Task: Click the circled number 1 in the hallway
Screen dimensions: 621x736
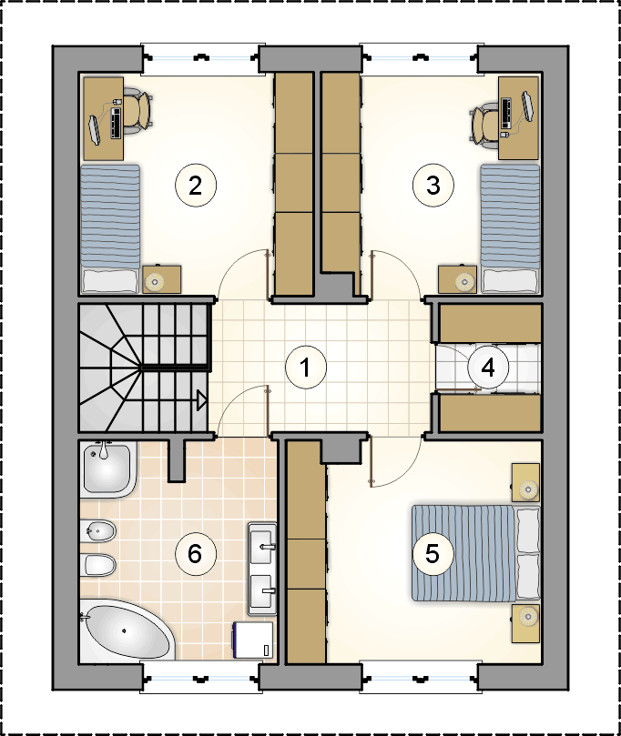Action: [306, 367]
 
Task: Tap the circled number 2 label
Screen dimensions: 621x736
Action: [196, 186]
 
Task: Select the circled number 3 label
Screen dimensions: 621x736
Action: [433, 186]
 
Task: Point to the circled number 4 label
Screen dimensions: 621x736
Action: [488, 368]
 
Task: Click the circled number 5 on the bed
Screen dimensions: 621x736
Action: [433, 553]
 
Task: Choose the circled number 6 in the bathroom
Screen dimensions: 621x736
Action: [196, 554]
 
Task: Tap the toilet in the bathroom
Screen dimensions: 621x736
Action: [98, 565]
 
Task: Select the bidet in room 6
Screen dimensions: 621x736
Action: [98, 531]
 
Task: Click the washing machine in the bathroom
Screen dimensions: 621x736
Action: [253, 641]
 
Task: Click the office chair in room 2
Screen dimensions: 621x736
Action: [139, 110]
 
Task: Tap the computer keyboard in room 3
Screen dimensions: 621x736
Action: [506, 113]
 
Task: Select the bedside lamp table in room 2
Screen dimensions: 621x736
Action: [161, 280]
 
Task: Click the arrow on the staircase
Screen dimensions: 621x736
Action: [201, 400]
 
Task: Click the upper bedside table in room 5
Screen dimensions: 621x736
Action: [525, 482]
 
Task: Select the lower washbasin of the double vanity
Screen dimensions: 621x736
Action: [262, 590]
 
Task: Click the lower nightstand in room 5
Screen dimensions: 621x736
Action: [525, 623]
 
